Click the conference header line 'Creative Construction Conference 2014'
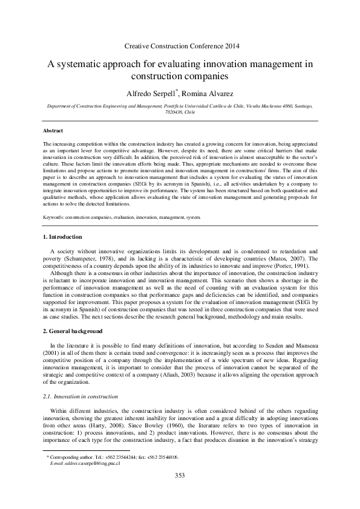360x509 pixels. pos(180,46)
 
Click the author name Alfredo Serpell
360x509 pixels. pos(149,93)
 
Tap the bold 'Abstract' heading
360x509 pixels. pos(53,131)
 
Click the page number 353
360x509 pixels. pos(180,493)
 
